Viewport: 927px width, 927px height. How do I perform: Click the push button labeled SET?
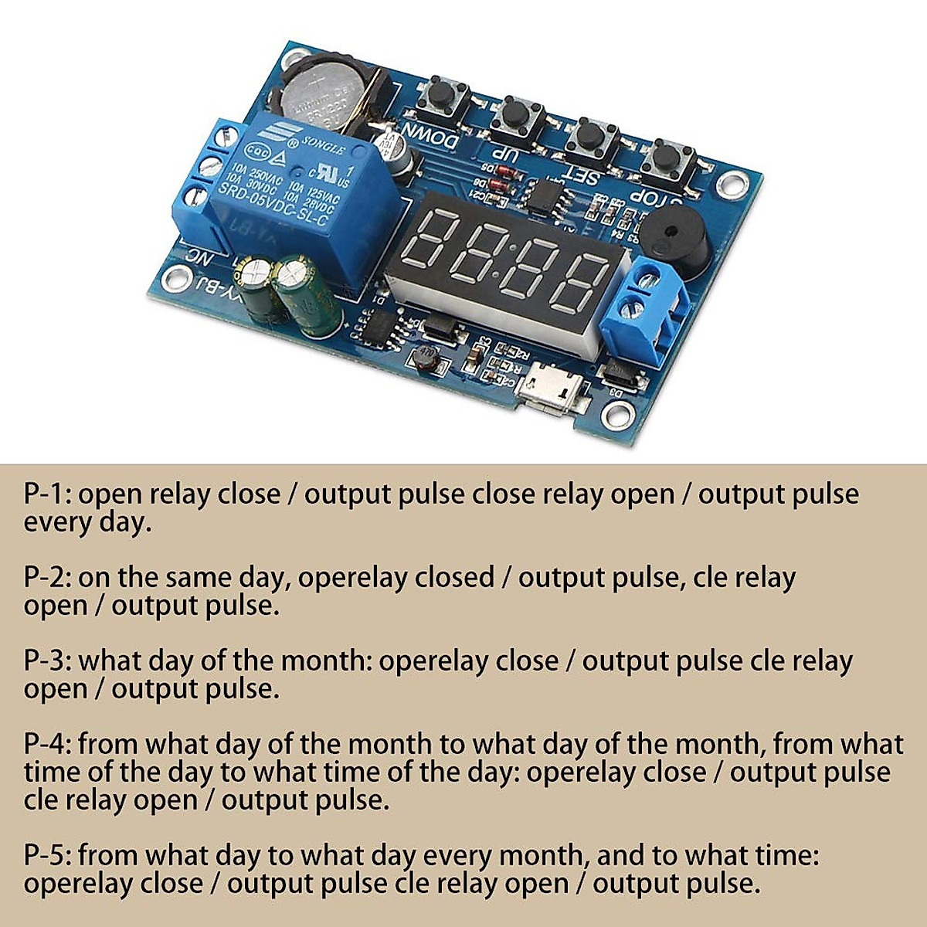click(x=592, y=139)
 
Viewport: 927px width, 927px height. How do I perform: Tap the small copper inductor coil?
click(x=423, y=358)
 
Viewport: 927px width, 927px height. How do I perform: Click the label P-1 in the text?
click(x=47, y=494)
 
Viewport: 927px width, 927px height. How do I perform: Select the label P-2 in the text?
click(x=47, y=578)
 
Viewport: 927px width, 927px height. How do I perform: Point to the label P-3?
click(x=47, y=661)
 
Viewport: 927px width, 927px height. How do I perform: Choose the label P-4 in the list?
click(x=47, y=745)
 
